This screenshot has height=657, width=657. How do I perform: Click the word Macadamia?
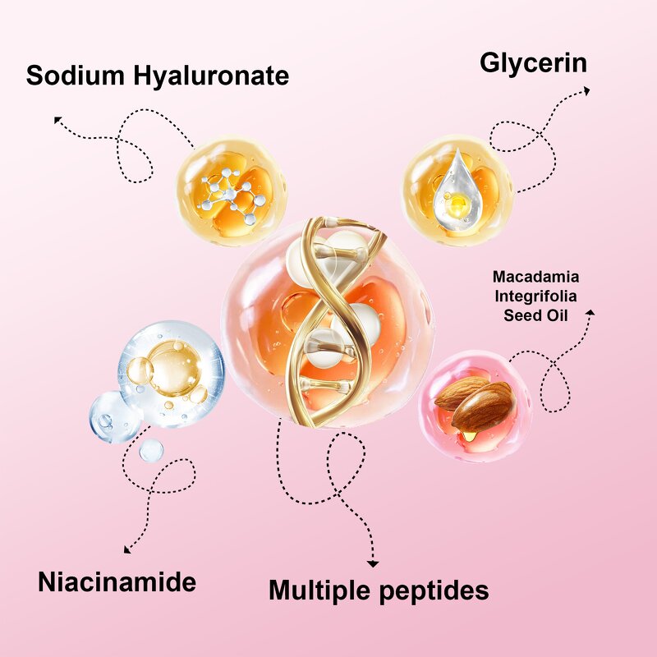point(536,277)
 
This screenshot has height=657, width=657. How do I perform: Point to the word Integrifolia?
point(535,296)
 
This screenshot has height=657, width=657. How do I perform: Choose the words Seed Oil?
point(535,315)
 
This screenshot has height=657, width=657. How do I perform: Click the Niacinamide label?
point(117,581)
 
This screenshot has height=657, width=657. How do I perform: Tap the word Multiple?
point(319,590)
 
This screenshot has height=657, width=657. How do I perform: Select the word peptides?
point(434,590)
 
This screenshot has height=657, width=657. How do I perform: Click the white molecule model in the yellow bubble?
point(232,195)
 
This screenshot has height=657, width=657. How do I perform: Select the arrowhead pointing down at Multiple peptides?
point(373,564)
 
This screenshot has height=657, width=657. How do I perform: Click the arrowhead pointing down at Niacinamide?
point(127,549)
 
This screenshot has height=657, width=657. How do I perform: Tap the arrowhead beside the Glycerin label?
point(586,90)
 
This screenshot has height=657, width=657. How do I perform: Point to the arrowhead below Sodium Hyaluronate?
point(57,120)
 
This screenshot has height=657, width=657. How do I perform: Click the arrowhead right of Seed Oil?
point(590,312)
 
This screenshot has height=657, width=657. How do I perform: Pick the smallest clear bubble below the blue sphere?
point(151,450)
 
